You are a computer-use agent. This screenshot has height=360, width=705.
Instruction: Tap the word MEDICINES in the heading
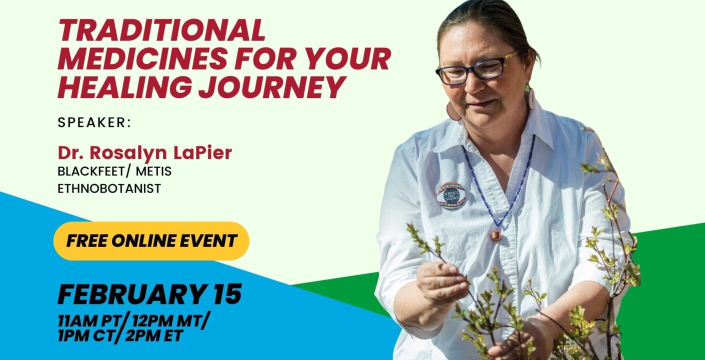coord(142,58)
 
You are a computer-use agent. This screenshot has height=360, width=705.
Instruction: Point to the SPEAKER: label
coord(94,122)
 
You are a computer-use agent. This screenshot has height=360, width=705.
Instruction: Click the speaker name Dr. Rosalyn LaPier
coord(145,152)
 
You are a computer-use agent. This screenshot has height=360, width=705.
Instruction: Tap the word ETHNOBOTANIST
coord(109,188)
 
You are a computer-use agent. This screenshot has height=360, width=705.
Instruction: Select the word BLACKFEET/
coord(94,171)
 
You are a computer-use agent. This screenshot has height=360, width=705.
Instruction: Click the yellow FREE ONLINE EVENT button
coord(151,241)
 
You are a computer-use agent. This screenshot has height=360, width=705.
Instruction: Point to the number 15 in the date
coord(227,294)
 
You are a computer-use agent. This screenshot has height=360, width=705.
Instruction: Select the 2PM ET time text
coord(154,336)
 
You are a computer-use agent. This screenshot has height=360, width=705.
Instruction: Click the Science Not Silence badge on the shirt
coord(450,195)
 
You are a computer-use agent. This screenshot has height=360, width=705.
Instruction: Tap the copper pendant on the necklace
coord(496,235)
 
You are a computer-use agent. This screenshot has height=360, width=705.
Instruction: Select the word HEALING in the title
coord(124,86)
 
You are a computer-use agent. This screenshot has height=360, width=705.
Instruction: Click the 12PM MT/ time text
coord(169,321)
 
